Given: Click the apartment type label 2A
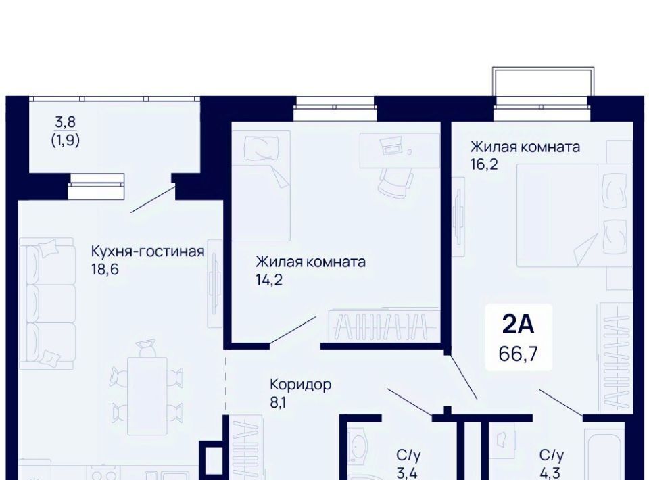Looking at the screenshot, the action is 519,324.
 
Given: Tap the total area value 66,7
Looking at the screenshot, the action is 519,354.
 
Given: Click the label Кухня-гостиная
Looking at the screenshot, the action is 147,251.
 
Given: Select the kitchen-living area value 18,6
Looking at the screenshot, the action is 105,269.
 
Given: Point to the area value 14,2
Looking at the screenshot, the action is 269,280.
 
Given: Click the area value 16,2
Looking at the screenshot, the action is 484,165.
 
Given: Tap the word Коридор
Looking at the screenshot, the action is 300,385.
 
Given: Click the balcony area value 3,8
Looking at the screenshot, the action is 66,122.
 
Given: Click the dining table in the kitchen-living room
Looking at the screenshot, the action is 147,396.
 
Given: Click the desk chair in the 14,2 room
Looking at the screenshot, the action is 395,181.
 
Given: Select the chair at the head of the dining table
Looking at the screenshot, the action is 147,347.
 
